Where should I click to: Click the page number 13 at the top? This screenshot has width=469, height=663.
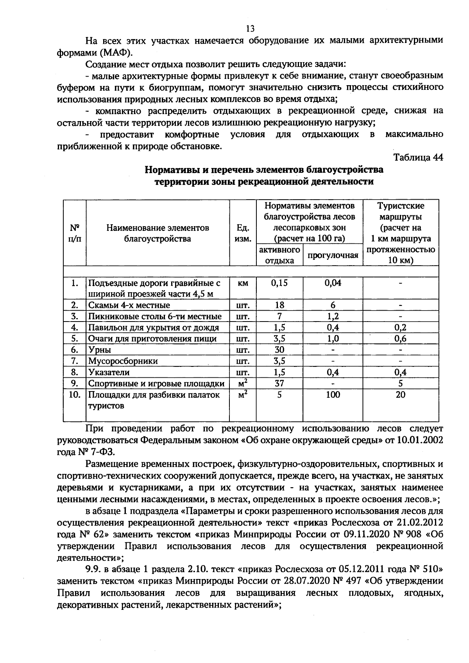[x=250, y=29]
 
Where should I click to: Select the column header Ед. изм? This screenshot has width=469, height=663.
[x=243, y=233]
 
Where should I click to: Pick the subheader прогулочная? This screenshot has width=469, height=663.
[x=333, y=256]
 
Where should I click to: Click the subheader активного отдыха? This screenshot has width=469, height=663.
[x=279, y=255]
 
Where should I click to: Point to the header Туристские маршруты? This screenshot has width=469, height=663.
[x=400, y=211]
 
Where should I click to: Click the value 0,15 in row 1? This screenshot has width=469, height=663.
[x=279, y=283]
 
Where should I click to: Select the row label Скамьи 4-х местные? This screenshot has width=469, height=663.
[x=129, y=305]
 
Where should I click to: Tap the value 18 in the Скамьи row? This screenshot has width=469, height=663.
[x=279, y=305]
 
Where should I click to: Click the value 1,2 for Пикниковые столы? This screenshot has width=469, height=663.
[x=333, y=316]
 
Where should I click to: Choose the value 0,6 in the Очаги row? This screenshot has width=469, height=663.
[x=400, y=338]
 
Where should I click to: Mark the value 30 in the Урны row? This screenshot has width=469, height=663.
[x=279, y=350]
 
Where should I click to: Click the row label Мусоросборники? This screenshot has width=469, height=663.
[x=123, y=361]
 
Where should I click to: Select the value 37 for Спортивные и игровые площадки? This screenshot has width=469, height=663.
[x=279, y=383]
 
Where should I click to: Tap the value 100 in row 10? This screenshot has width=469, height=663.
[x=333, y=395]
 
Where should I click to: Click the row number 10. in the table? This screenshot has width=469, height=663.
[x=74, y=395]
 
